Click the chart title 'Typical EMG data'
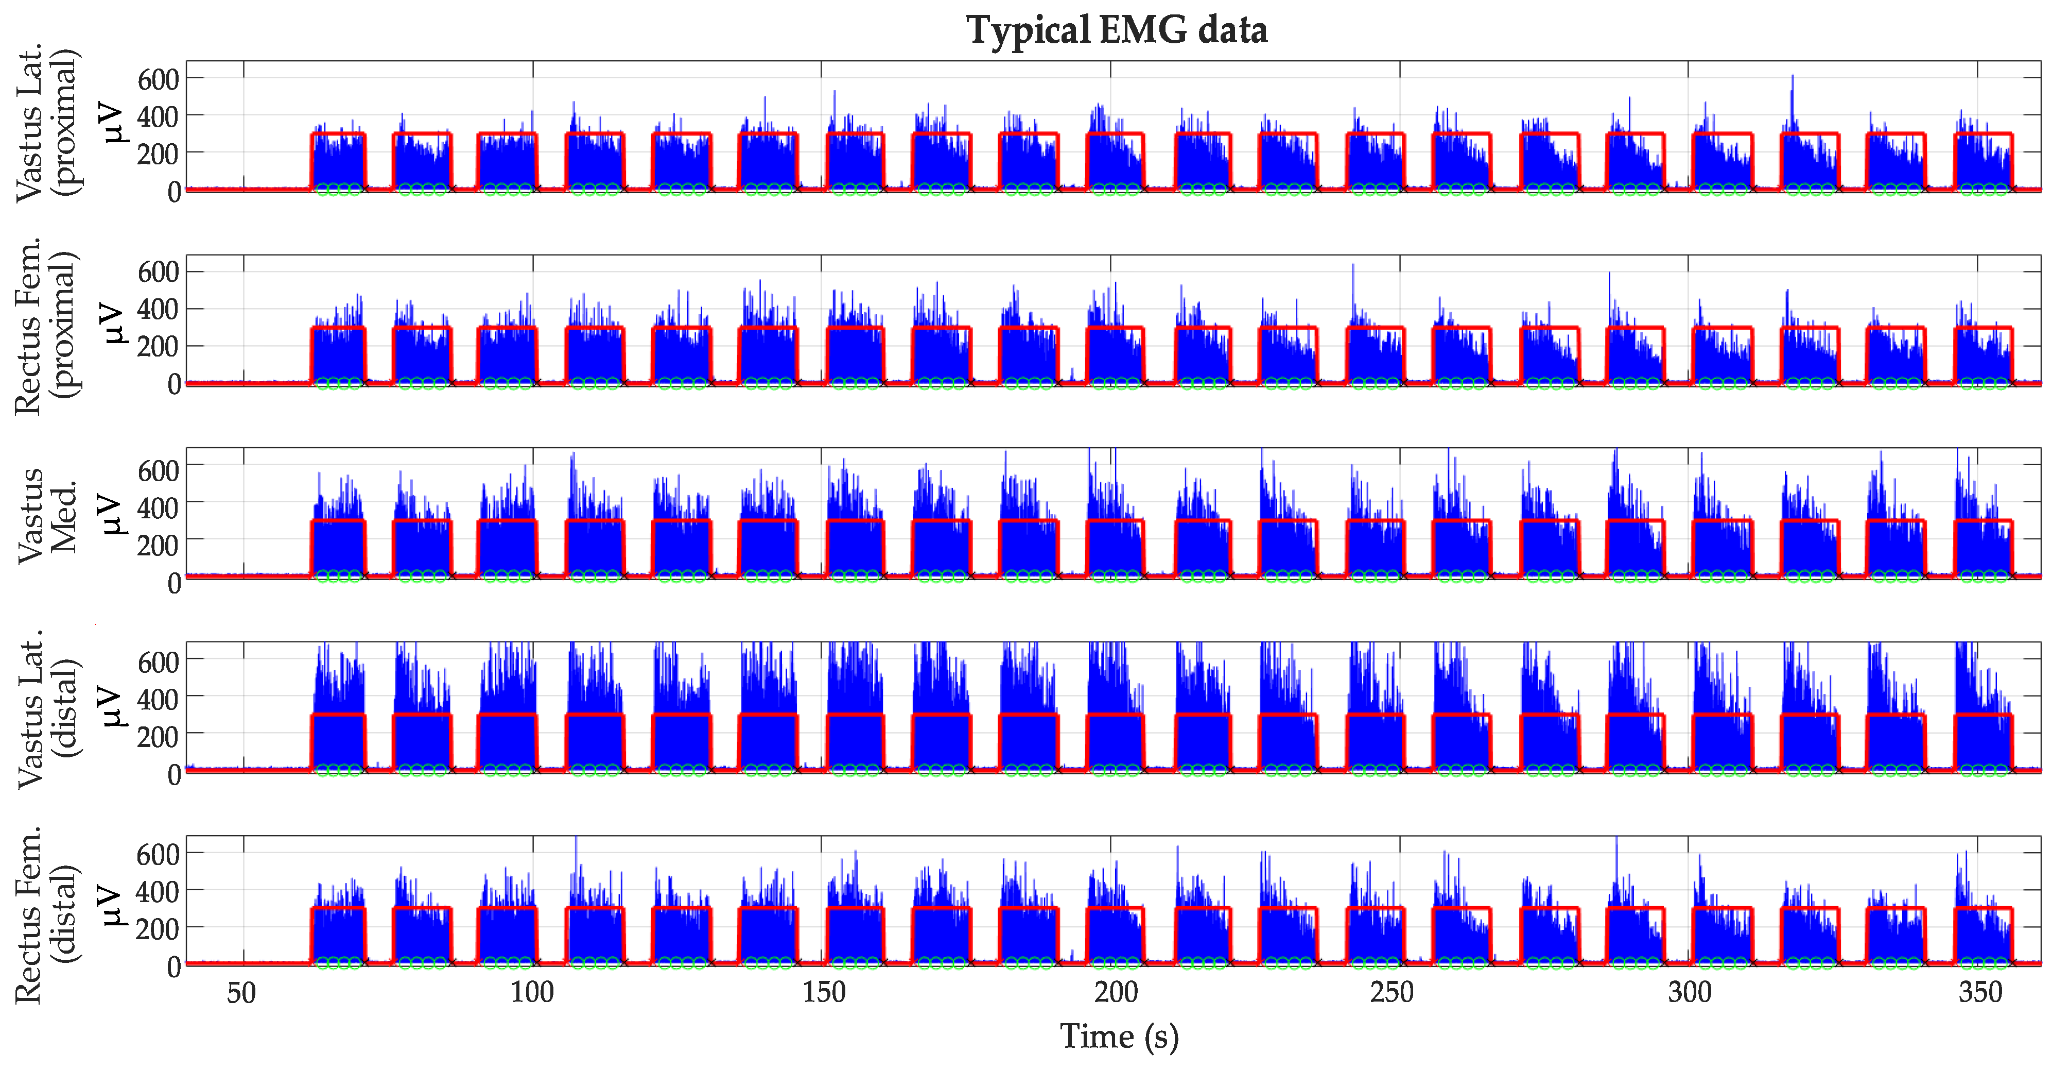tap(1117, 30)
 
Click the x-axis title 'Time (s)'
tap(1119, 1036)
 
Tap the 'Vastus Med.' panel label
tap(48, 516)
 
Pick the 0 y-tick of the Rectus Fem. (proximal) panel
tap(173, 384)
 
